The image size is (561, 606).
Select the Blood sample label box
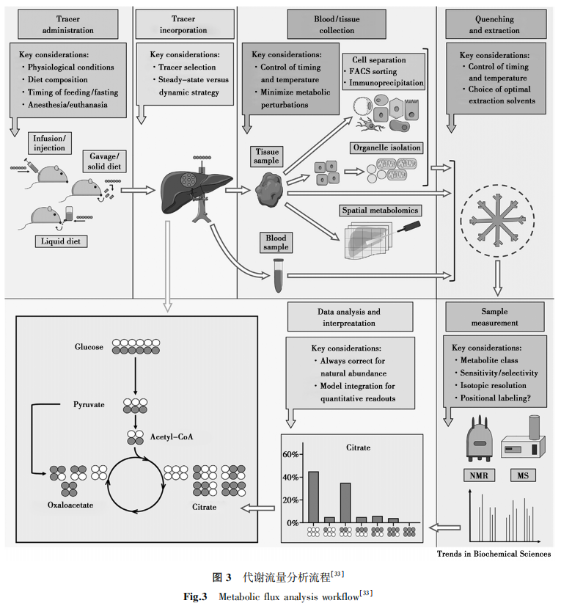[276, 242]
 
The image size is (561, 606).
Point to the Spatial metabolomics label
[381, 211]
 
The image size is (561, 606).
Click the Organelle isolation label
[386, 147]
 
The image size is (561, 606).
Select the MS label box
[522, 475]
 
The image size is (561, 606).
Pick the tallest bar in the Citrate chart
[313, 496]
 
